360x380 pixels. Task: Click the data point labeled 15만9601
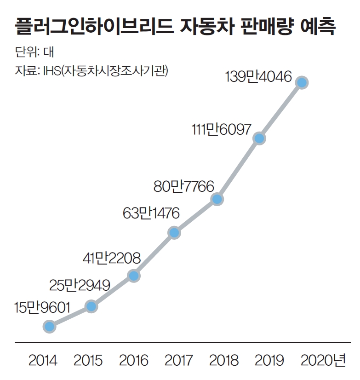pyautogui.click(x=49, y=326)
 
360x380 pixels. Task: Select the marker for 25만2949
pyautogui.click(x=91, y=306)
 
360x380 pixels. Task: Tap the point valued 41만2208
pyautogui.click(x=133, y=276)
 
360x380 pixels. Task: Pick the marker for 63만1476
pyautogui.click(x=173, y=232)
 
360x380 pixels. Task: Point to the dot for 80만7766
pyautogui.click(x=217, y=199)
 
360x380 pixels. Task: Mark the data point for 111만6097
pyautogui.click(x=259, y=138)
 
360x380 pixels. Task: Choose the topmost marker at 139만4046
pyautogui.click(x=302, y=83)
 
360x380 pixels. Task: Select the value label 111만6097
pyautogui.click(x=221, y=130)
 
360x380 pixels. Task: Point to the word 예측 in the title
pyautogui.click(x=318, y=28)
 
